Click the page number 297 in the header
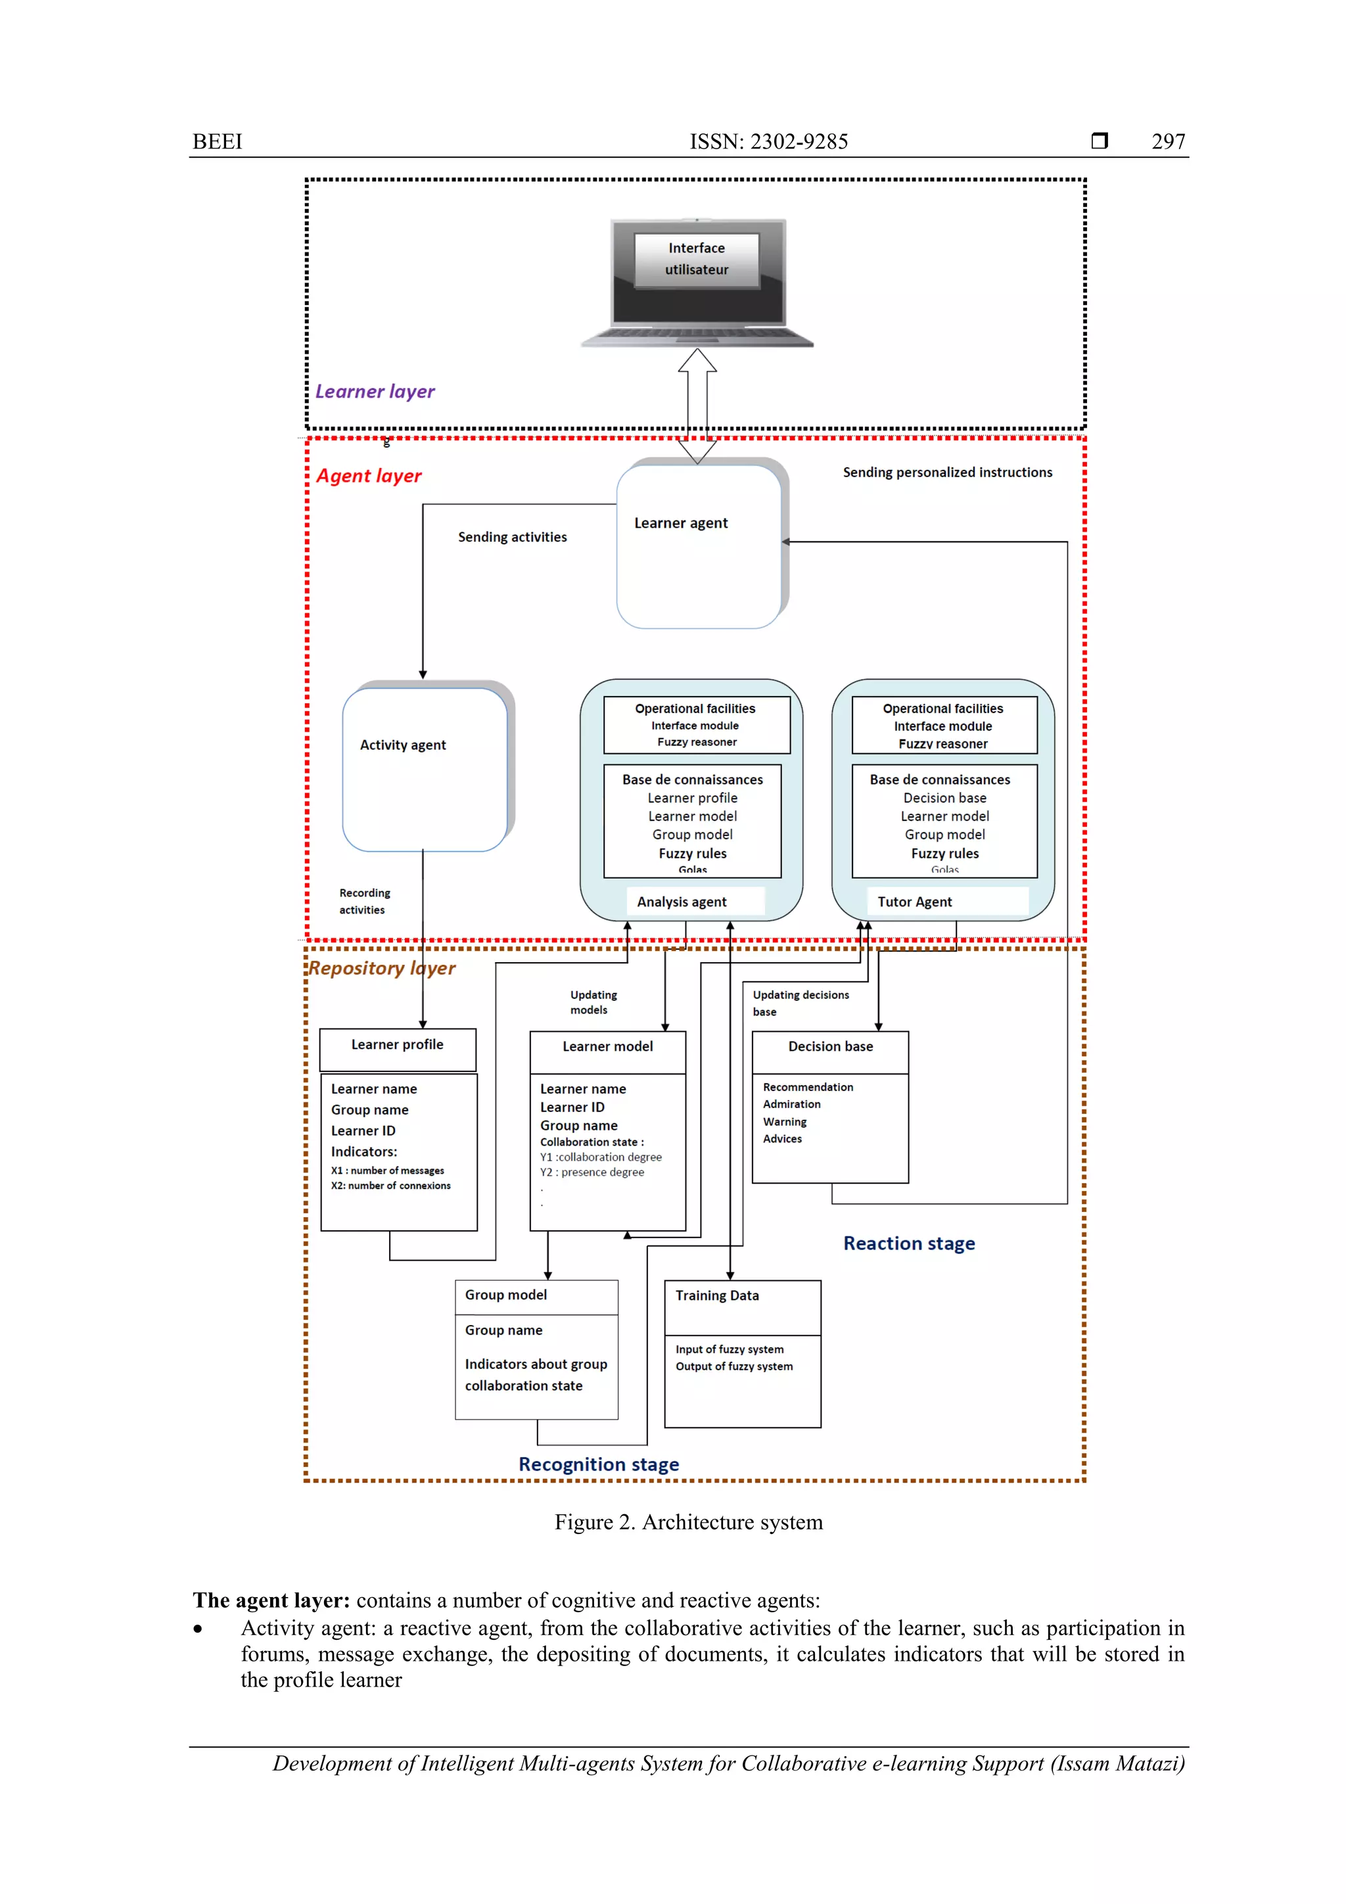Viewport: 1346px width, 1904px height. pos(1168,142)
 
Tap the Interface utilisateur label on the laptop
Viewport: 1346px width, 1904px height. pos(697,259)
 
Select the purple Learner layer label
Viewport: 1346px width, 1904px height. pos(375,392)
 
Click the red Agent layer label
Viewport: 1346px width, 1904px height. pos(369,476)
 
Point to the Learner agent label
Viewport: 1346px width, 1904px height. pos(681,523)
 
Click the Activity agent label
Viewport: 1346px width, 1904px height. pos(403,745)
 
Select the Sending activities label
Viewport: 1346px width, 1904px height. pos(513,538)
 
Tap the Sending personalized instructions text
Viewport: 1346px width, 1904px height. pos(947,473)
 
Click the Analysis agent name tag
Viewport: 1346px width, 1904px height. pos(682,902)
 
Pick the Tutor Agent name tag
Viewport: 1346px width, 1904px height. pos(915,902)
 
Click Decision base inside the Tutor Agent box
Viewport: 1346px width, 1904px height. pos(944,798)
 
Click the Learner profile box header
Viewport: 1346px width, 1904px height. pos(397,1045)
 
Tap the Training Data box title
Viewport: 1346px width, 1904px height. pos(716,1295)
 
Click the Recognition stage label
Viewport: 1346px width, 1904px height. pos(599,1464)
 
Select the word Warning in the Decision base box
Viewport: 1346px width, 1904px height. pos(785,1122)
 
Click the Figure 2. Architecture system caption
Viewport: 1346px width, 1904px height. pos(688,1523)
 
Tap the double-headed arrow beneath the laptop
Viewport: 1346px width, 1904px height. pos(697,406)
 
